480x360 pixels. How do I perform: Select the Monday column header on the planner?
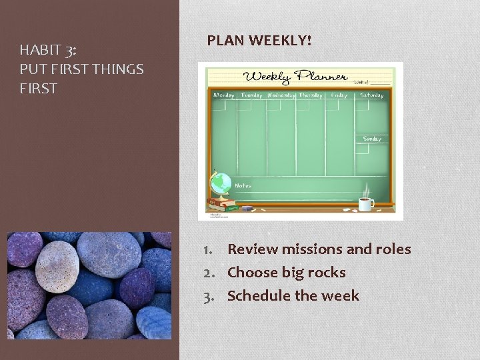click(224, 95)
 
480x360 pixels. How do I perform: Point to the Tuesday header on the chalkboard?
click(251, 95)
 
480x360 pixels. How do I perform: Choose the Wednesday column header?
click(282, 95)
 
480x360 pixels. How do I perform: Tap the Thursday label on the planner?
click(311, 95)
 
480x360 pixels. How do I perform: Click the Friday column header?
click(339, 95)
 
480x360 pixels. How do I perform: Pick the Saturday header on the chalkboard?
click(372, 95)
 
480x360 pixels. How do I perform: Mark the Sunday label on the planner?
click(372, 139)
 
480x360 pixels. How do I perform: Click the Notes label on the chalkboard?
click(243, 185)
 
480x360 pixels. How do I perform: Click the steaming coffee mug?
click(366, 204)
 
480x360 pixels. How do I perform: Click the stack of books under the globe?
click(221, 203)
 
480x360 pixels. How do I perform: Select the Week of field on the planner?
click(369, 82)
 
